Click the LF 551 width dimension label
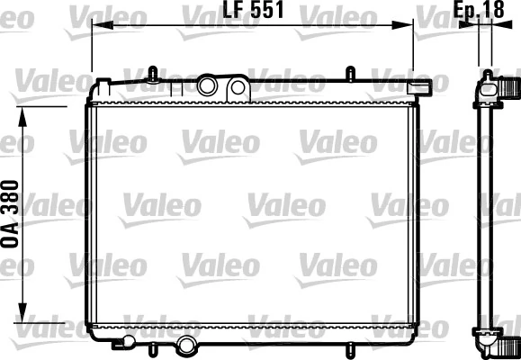(x=253, y=12)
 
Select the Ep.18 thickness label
(x=478, y=12)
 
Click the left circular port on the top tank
(x=209, y=86)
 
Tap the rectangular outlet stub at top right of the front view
(x=418, y=88)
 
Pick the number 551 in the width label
(x=269, y=12)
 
